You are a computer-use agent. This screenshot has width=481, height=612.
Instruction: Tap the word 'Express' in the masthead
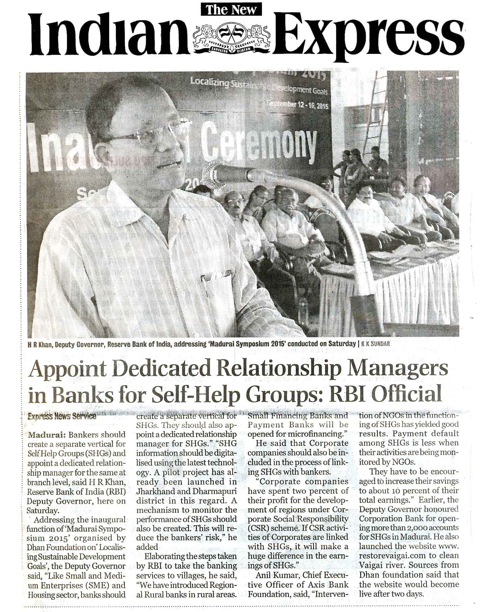tap(368, 34)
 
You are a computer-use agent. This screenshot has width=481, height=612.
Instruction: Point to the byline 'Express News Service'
tap(62, 416)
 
